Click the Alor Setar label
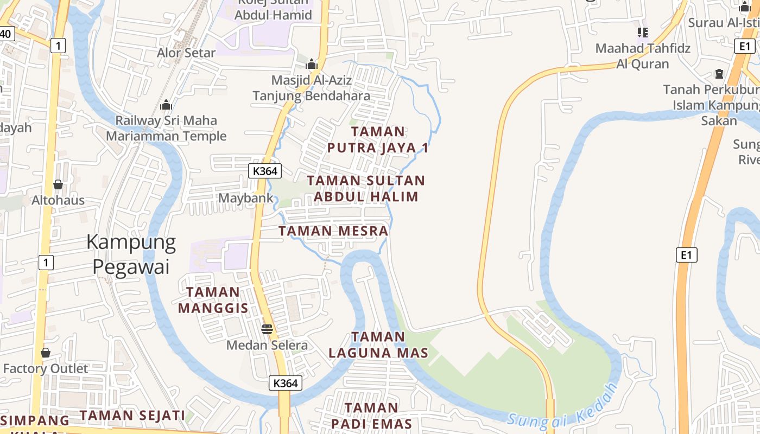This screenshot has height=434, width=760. [186, 53]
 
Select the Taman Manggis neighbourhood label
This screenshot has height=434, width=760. [213, 300]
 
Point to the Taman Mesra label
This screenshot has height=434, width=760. [333, 231]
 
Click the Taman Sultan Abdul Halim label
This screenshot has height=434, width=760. [366, 188]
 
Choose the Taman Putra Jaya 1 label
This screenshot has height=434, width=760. [378, 139]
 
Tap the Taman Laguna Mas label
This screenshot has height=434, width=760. [378, 344]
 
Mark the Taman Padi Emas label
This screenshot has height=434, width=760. [372, 416]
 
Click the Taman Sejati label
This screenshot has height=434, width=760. [133, 416]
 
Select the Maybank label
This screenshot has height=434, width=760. [246, 198]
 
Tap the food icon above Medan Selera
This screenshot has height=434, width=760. [267, 329]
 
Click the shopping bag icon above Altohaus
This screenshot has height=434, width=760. [58, 184]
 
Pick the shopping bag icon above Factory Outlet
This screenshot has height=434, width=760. [46, 353]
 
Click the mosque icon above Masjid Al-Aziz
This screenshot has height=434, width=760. [311, 64]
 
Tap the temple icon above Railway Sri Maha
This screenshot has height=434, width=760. [166, 104]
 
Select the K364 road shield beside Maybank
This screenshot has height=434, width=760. [265, 171]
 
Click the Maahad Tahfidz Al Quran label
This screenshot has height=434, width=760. [643, 56]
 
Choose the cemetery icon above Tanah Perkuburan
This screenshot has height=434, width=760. [719, 73]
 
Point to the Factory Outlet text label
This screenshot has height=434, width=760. [46, 369]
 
